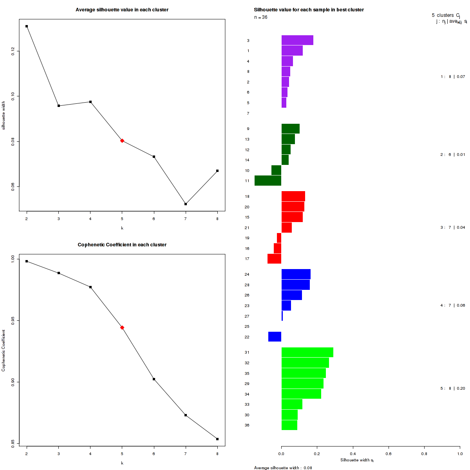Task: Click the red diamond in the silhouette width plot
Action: tap(122, 141)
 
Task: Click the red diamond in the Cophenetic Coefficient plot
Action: tap(122, 327)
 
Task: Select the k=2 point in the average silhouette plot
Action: tap(27, 26)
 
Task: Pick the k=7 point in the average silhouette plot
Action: tap(186, 204)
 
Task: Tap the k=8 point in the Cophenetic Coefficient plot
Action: tap(217, 439)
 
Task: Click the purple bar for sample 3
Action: tap(297, 40)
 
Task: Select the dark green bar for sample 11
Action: tap(268, 181)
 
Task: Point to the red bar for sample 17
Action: tap(274, 259)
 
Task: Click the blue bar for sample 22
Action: tap(275, 337)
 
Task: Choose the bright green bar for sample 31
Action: tap(307, 352)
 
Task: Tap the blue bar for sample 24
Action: tap(296, 274)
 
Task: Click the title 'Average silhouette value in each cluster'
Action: tap(122, 10)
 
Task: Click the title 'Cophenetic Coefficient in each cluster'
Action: tap(122, 245)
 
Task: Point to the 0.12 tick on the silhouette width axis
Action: tap(13, 51)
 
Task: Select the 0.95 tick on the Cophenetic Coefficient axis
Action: tap(13, 320)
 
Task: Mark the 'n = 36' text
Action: tap(261, 17)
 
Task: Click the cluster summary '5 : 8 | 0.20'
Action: tap(453, 389)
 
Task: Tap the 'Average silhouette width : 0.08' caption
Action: tap(283, 468)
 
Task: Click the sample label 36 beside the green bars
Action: tap(247, 425)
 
